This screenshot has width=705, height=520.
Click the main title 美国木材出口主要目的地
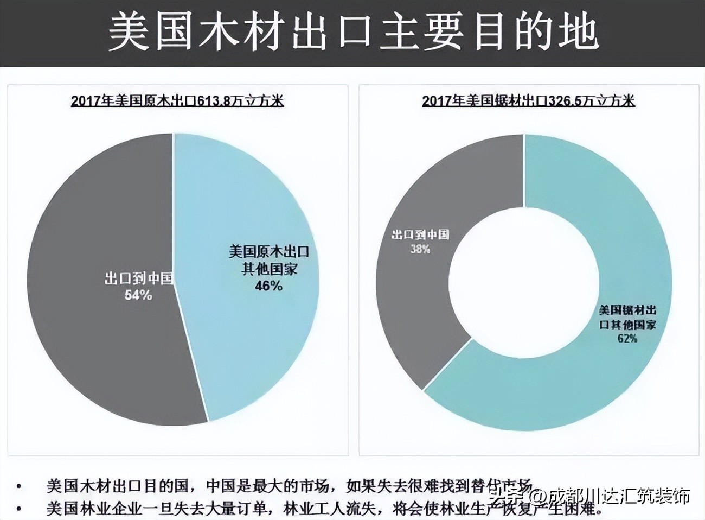tap(353, 33)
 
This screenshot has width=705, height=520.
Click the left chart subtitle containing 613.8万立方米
tap(177, 101)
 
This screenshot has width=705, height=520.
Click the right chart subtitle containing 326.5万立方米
tap(528, 101)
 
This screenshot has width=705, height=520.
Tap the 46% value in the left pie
tap(268, 286)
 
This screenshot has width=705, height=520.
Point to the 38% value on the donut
tap(420, 249)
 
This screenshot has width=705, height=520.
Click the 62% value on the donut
tap(627, 338)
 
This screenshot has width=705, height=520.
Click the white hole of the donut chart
tap(523, 282)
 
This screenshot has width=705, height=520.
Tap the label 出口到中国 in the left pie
tap(138, 279)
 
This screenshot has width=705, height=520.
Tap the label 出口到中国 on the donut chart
tap(420, 235)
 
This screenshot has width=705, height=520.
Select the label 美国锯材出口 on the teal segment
tap(627, 310)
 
